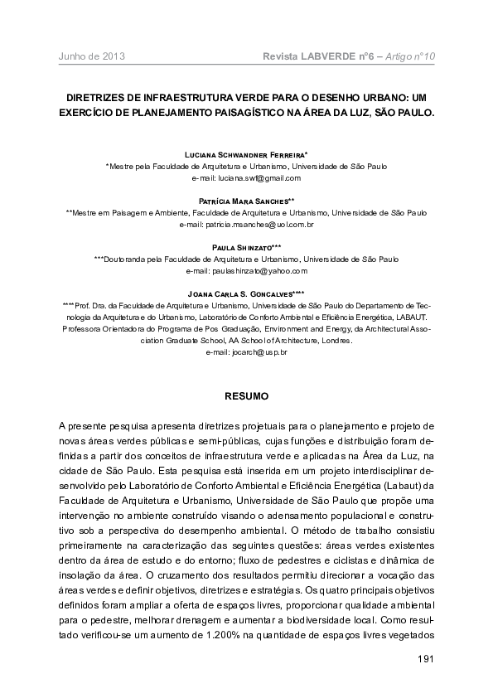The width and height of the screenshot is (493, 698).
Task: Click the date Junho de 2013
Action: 91,56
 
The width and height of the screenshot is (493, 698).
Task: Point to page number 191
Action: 423,660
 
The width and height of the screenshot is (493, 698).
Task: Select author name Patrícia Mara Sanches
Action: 246,201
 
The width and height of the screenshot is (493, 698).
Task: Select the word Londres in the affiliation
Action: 335,340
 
